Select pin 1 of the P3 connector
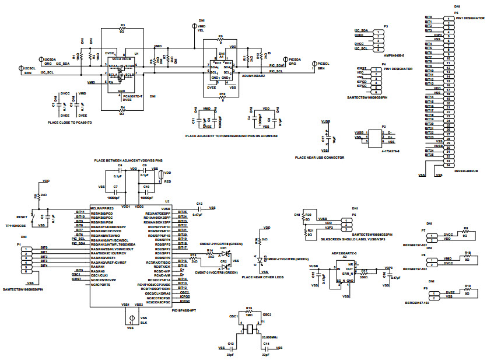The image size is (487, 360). tap(379, 30)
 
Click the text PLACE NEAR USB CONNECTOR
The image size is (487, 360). tap(319, 158)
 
